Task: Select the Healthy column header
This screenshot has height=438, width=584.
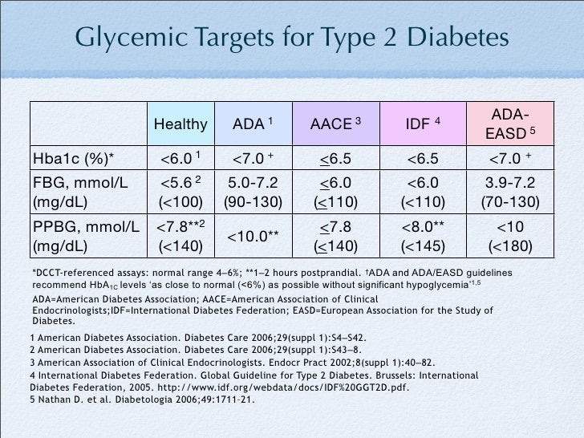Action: (180, 124)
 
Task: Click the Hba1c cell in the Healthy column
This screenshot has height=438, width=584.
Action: (180, 155)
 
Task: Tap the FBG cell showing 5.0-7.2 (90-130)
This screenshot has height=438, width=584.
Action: (253, 189)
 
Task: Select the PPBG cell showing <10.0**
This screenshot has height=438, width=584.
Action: (253, 235)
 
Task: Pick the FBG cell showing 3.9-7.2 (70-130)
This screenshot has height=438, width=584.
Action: (509, 189)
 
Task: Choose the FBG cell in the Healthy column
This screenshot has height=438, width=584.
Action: (180, 189)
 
